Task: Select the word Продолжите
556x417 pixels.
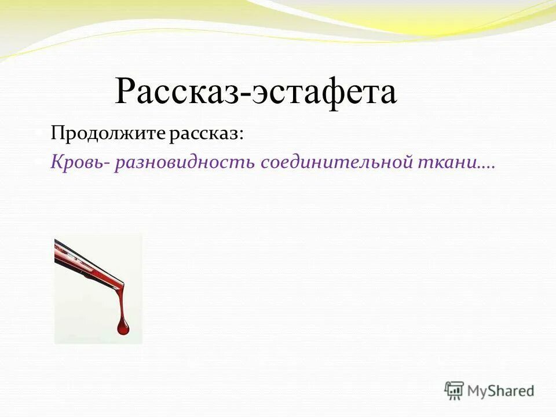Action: point(108,134)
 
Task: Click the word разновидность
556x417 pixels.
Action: point(185,163)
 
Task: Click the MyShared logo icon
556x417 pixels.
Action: point(455,390)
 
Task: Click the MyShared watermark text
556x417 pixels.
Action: point(500,391)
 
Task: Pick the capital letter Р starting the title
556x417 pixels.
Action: point(125,92)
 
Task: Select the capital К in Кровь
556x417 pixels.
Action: point(57,163)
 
